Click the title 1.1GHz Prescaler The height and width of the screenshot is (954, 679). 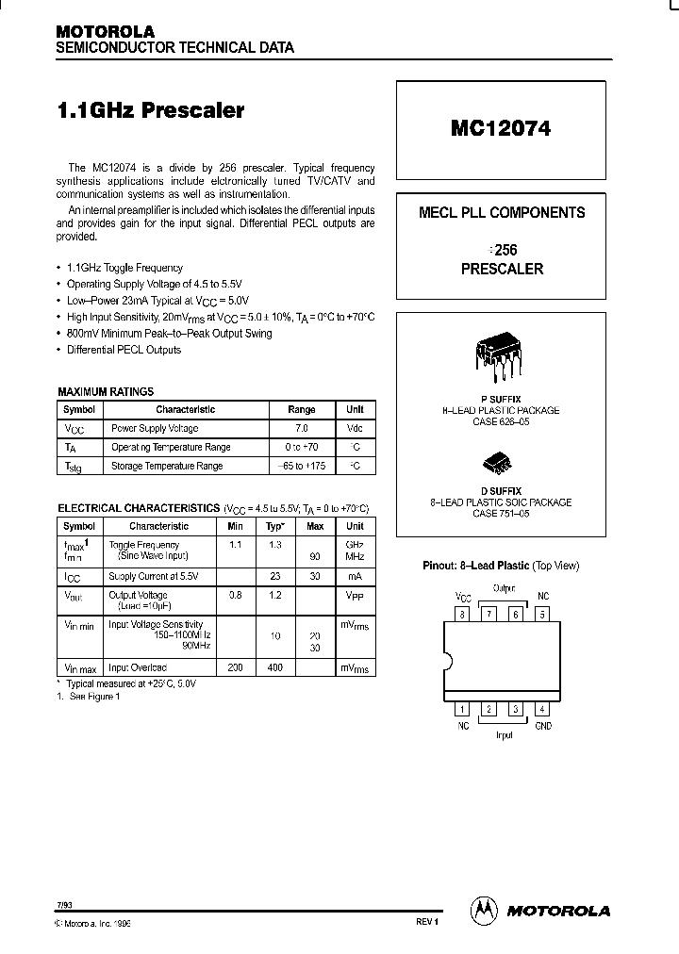pos(151,110)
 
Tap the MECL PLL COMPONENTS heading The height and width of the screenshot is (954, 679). pos(501,212)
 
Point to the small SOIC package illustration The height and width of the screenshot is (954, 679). pos(500,462)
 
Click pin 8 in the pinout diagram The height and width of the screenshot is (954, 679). pos(462,614)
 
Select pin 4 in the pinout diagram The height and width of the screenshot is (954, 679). pos(541,709)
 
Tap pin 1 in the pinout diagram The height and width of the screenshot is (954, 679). pos(462,709)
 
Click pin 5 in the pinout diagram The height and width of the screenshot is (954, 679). pos(541,614)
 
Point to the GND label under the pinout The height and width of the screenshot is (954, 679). pos(543,726)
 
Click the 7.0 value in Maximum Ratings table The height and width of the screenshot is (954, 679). pos(301,428)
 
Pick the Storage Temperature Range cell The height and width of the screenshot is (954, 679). pos(167,466)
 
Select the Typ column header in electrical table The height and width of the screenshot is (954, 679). pos(274,526)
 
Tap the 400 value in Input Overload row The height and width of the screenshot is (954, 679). pos(274,667)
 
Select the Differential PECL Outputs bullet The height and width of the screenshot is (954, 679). pos(124,350)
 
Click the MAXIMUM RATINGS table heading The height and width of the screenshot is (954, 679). pos(106,391)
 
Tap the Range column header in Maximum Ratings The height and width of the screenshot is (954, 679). pos(301,409)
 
